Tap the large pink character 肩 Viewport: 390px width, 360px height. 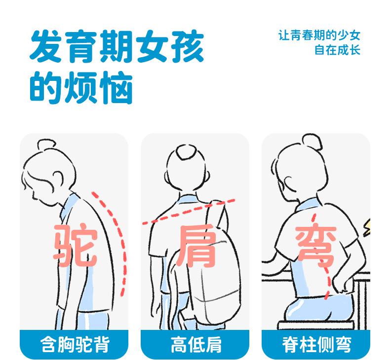pyautogui.click(x=196, y=246)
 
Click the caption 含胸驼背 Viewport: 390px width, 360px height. pyautogui.click(x=75, y=345)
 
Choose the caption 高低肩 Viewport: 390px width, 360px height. pyautogui.click(x=196, y=345)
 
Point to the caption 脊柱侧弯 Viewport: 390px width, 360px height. pyautogui.click(x=316, y=345)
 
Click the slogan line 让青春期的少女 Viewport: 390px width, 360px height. pyautogui.click(x=319, y=36)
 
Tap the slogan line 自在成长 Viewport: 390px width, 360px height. pyautogui.click(x=337, y=50)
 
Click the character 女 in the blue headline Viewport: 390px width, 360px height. pyautogui.click(x=152, y=46)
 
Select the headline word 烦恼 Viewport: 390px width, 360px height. pyautogui.click(x=98, y=87)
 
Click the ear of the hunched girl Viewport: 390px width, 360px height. pyautogui.click(x=57, y=179)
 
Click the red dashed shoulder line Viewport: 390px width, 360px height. pyautogui.click(x=189, y=212)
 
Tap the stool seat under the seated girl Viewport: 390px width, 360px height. pyautogui.click(x=316, y=325)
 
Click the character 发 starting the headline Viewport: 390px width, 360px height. pyautogui.click(x=46, y=46)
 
